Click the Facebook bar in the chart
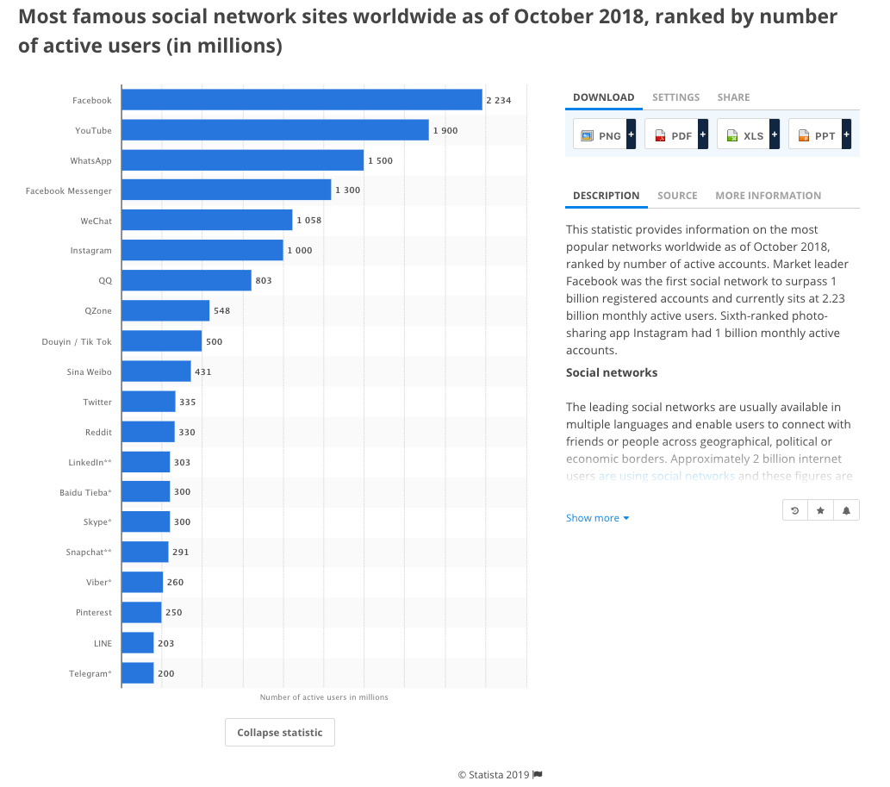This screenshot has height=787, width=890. pyautogui.click(x=302, y=100)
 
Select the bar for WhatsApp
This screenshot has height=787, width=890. pyautogui.click(x=242, y=160)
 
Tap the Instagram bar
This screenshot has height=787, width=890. pyautogui.click(x=202, y=250)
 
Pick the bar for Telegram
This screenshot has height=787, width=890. pyautogui.click(x=137, y=673)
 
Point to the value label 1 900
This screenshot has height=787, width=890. pyautogui.click(x=445, y=131)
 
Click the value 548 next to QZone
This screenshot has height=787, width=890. pyautogui.click(x=221, y=311)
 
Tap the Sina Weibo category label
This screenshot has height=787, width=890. pyautogui.click(x=89, y=372)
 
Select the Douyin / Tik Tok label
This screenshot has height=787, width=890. pyautogui.click(x=77, y=341)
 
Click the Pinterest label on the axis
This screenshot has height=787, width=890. pyautogui.click(x=93, y=613)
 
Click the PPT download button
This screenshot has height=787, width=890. pyautogui.click(x=818, y=135)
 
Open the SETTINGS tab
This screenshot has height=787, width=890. pyautogui.click(x=675, y=97)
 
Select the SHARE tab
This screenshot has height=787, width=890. pyautogui.click(x=733, y=97)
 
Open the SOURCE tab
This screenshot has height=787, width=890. pyautogui.click(x=677, y=196)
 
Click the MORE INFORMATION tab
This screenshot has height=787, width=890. pyautogui.click(x=768, y=196)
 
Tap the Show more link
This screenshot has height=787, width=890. pyautogui.click(x=597, y=518)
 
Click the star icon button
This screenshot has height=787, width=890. pyautogui.click(x=820, y=511)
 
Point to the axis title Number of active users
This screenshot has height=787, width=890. pyautogui.click(x=324, y=697)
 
